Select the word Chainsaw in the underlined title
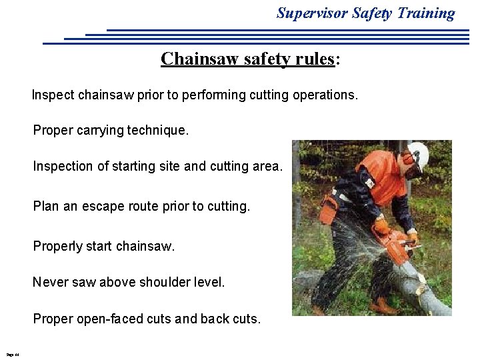(193, 59)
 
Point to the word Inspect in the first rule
(53, 95)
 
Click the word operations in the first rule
(323, 95)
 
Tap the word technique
(159, 131)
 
